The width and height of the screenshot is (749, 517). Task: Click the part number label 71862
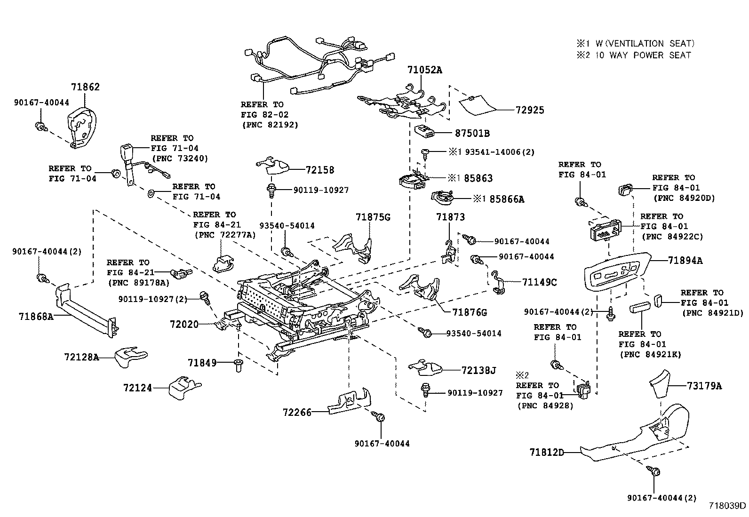(85, 87)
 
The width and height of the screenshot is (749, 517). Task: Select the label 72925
(530, 110)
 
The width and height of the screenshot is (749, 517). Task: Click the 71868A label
(36, 316)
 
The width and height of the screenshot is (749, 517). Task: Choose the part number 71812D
(546, 453)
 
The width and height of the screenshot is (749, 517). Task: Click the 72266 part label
(297, 412)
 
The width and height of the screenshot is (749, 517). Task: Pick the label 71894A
(685, 260)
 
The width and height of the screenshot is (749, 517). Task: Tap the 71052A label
(425, 70)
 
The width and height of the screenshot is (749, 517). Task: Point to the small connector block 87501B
(425, 131)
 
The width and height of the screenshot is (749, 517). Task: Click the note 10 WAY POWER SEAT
(643, 55)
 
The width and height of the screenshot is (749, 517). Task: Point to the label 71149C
(539, 282)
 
